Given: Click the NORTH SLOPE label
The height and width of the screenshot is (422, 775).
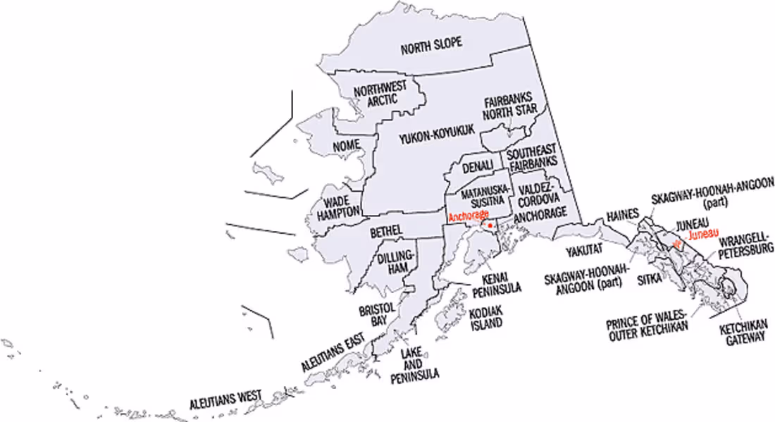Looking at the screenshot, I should (x=431, y=47).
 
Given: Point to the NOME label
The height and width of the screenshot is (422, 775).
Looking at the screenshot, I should (x=346, y=145).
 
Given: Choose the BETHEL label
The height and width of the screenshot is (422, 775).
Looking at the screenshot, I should (x=385, y=231).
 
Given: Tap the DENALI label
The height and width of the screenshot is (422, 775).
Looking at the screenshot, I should (x=478, y=168).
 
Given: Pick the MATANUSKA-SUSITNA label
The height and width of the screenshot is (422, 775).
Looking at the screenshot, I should (x=485, y=195).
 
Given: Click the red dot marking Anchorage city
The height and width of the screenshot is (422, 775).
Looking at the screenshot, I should (x=490, y=226).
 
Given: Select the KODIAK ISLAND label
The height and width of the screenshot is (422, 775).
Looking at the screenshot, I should (x=485, y=318).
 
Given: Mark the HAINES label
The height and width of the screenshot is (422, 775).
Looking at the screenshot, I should (x=623, y=214).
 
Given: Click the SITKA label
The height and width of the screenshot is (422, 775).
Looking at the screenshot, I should (x=649, y=279).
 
